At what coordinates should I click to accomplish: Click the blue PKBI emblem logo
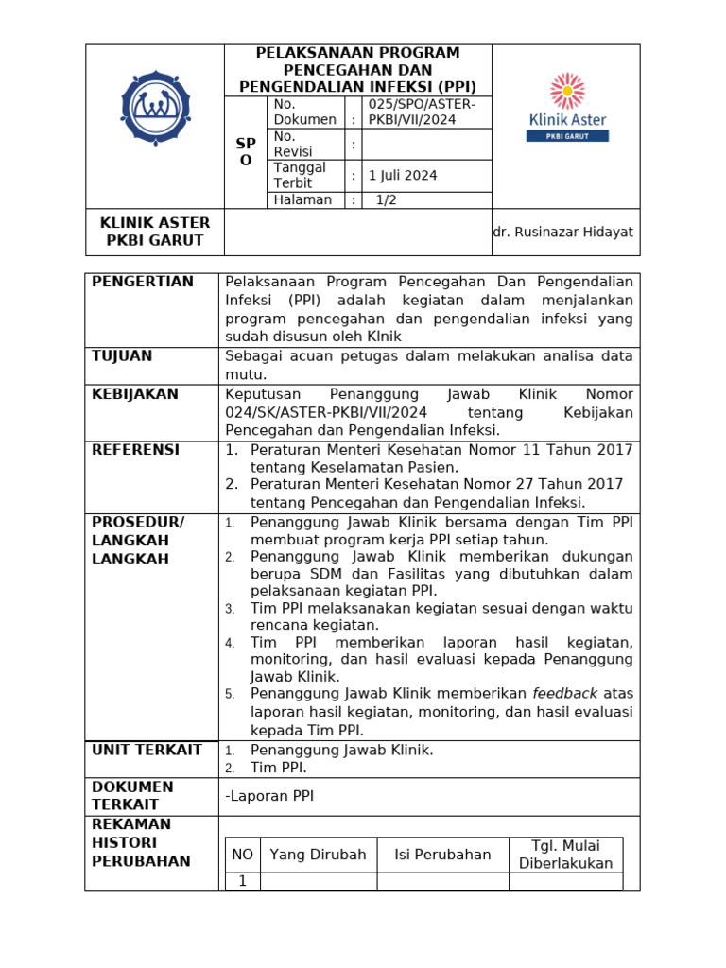[155, 107]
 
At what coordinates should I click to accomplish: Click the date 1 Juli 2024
[403, 175]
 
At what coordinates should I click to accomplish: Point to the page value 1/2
[387, 199]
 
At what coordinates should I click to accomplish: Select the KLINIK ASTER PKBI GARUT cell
[155, 232]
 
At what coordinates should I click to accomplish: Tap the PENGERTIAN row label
[142, 282]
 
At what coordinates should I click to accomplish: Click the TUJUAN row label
[122, 356]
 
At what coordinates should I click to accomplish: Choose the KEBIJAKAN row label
[135, 393]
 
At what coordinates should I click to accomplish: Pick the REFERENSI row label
[135, 450]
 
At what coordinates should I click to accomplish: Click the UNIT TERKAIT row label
[147, 750]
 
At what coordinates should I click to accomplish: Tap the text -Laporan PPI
[269, 796]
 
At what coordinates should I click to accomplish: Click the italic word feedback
[565, 693]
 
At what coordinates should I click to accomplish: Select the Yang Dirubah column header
[318, 855]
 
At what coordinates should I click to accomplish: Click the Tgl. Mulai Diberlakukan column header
[565, 855]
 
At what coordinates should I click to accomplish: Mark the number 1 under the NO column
[242, 881]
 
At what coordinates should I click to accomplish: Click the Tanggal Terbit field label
[300, 175]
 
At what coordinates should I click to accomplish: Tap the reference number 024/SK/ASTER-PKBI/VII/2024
[326, 412]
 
